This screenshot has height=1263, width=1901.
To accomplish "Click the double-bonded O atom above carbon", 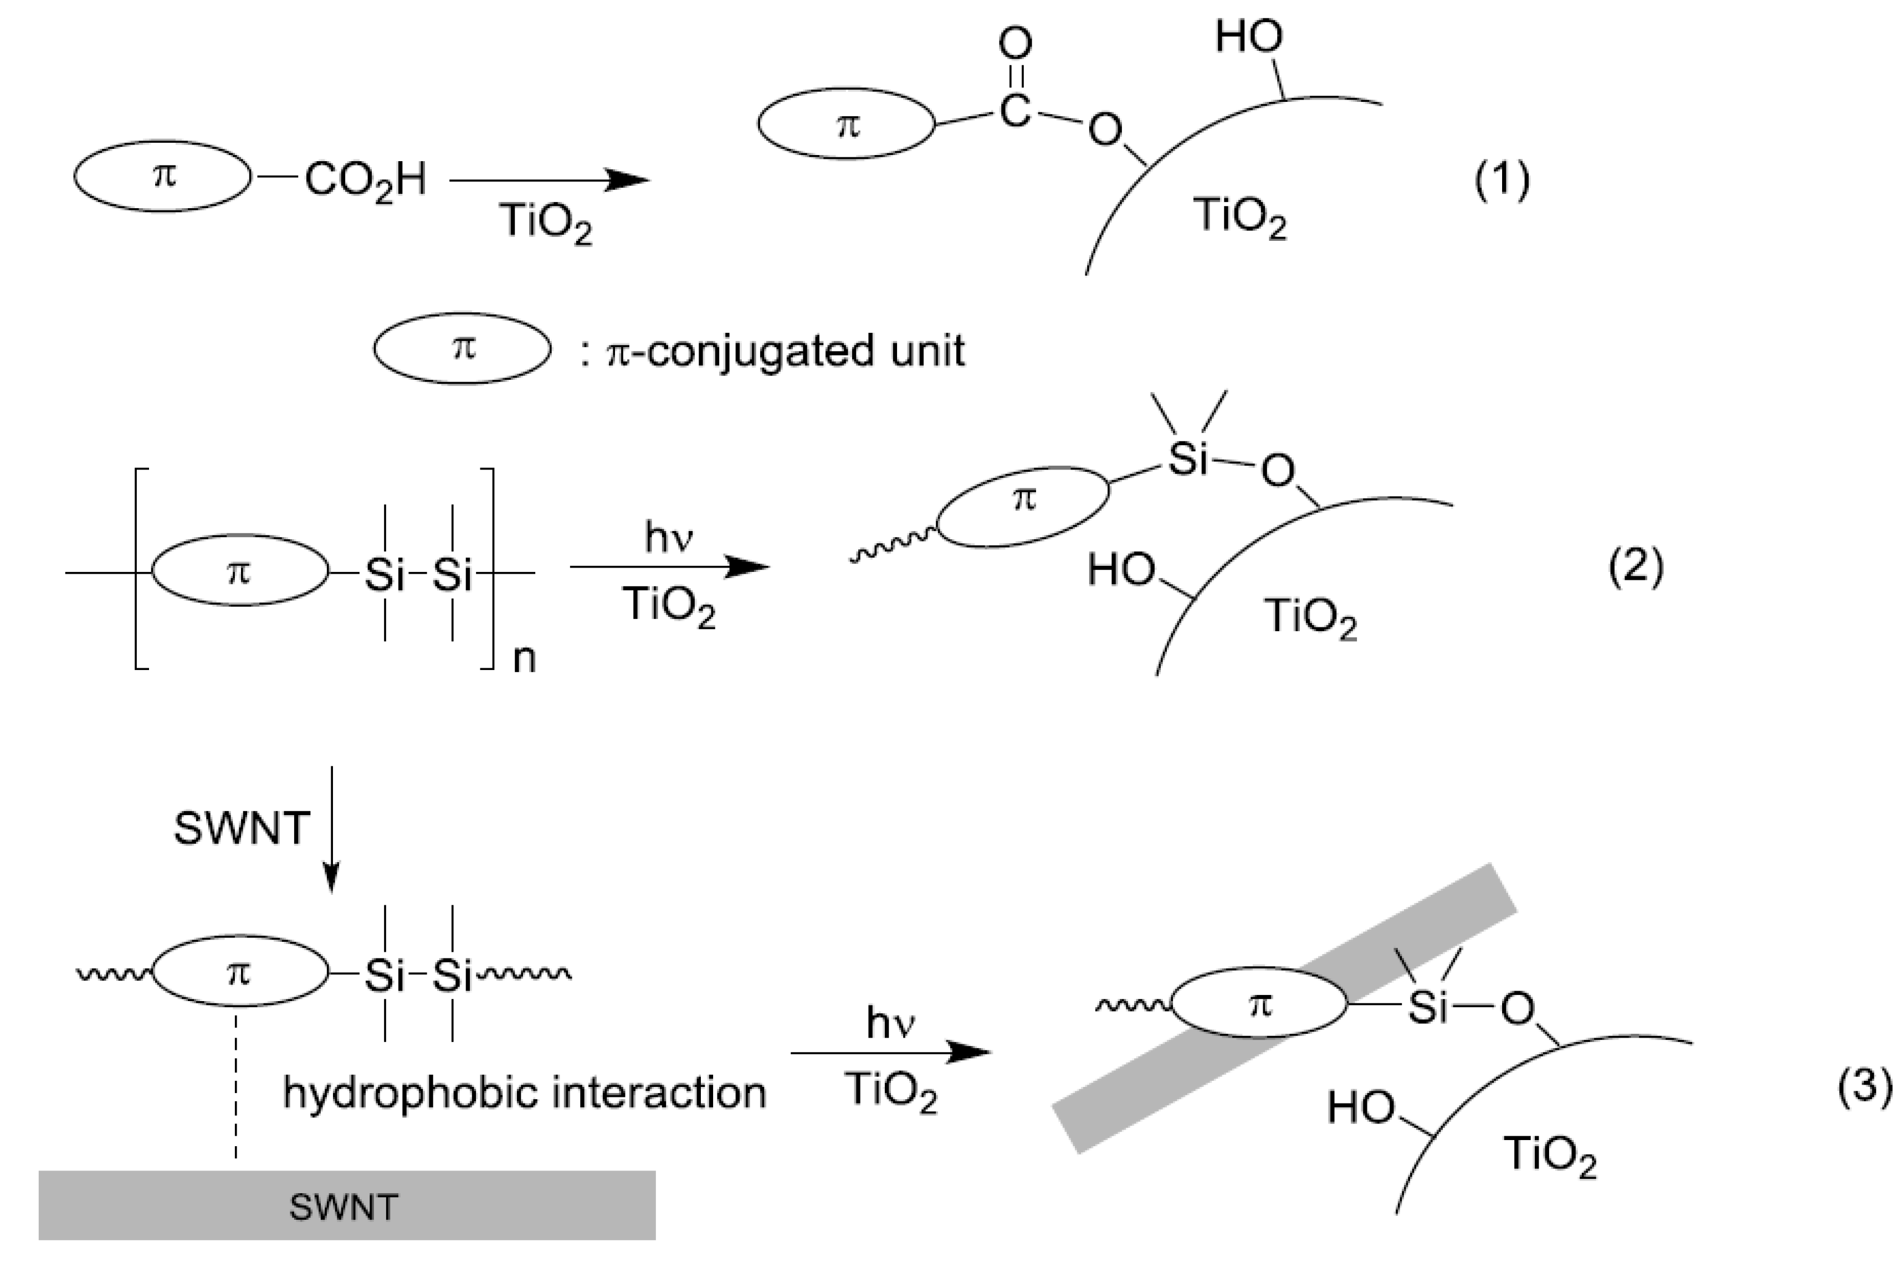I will pyautogui.click(x=1014, y=44).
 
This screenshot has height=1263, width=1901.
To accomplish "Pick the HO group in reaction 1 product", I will pyautogui.click(x=1249, y=37).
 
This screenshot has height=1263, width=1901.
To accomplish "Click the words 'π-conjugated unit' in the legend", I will pyautogui.click(x=785, y=351).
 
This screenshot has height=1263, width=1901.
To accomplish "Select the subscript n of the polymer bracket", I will pyautogui.click(x=524, y=659).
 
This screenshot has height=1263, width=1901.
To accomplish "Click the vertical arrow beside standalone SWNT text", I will pyautogui.click(x=331, y=829).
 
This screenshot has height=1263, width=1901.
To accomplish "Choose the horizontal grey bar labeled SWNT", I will pyautogui.click(x=346, y=1205).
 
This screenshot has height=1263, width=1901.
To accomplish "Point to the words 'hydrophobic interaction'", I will pyautogui.click(x=524, y=1093).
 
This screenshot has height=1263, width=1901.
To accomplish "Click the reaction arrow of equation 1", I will pyautogui.click(x=548, y=179).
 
